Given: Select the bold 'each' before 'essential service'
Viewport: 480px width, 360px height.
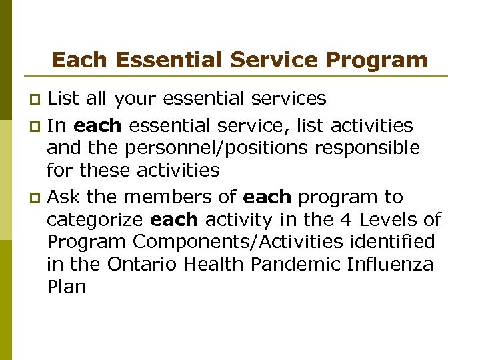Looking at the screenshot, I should (x=97, y=125).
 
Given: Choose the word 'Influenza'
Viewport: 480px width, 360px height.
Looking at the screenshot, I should (x=390, y=265).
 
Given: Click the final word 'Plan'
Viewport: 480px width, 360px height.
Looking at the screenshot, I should (x=66, y=287).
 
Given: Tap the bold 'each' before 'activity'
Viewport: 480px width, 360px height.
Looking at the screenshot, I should (x=174, y=219).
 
